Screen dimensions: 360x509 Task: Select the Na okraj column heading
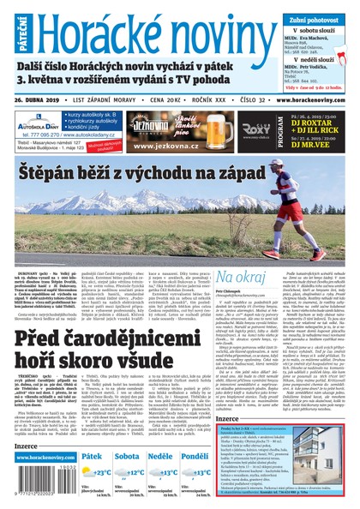(x=241, y=278)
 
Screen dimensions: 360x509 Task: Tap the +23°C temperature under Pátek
(x=100, y=471)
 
